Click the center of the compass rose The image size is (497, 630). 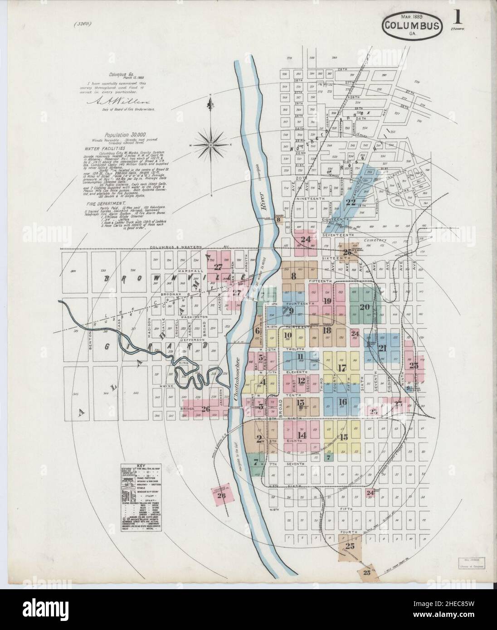point(211,144)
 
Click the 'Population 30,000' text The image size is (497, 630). point(125,135)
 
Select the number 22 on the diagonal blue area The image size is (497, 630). point(351,203)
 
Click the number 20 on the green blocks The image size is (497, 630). point(365,306)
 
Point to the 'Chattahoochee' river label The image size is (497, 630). point(235,380)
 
